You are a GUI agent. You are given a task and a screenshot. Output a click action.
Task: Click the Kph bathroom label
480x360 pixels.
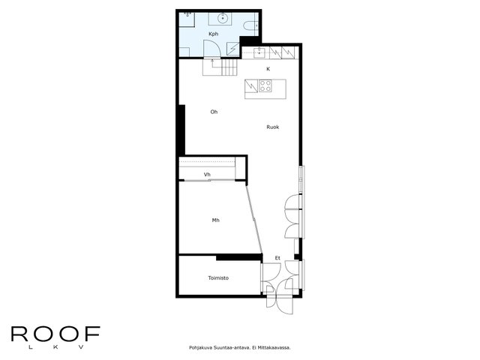(x=213, y=34)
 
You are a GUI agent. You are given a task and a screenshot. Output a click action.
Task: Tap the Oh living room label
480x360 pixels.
(x=214, y=112)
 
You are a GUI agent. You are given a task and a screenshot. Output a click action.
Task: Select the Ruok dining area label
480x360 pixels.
(x=272, y=127)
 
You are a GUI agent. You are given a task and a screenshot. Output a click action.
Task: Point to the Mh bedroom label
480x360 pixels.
(x=215, y=220)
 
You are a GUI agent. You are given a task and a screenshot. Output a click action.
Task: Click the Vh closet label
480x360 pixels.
(x=207, y=175)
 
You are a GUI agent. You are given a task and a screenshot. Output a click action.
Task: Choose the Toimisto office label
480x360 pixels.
(x=218, y=278)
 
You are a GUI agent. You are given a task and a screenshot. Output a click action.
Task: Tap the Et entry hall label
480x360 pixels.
(x=277, y=258)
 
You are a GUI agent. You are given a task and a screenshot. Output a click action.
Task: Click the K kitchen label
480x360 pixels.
(x=268, y=69)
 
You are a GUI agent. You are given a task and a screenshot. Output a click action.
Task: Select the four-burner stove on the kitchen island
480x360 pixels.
(x=265, y=85)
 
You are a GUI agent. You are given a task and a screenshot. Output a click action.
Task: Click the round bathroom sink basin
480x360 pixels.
(x=223, y=18)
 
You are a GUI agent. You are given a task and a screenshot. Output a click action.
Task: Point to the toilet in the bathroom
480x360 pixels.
(x=251, y=25)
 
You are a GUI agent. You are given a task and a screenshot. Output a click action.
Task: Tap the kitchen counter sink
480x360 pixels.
(x=259, y=52)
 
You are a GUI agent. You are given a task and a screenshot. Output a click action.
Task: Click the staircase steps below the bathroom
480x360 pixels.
(x=229, y=67)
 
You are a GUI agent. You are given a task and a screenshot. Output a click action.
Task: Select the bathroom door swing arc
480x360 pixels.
(x=216, y=46)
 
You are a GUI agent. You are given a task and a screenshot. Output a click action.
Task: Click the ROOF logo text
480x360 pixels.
(x=55, y=334)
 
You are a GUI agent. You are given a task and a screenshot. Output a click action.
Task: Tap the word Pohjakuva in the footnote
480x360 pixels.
(x=200, y=348)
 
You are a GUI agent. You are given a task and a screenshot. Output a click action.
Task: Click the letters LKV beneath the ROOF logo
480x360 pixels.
(x=55, y=347)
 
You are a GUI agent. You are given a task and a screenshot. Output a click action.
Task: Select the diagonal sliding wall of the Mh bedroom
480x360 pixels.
(x=254, y=220)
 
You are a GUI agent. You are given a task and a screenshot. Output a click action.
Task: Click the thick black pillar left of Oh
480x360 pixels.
(x=181, y=130)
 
